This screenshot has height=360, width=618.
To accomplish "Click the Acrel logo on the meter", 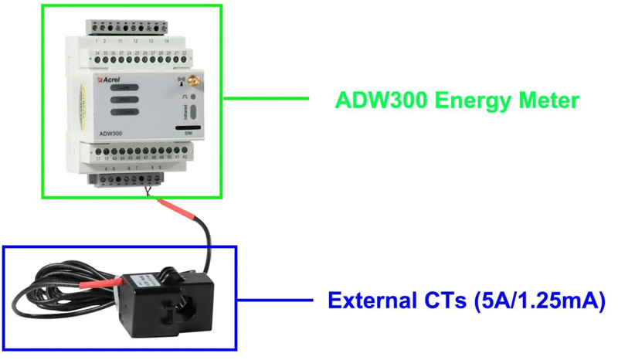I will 110,80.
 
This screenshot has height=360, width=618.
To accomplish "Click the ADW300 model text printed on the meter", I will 110,134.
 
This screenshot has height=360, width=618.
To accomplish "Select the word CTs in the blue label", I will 439,300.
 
